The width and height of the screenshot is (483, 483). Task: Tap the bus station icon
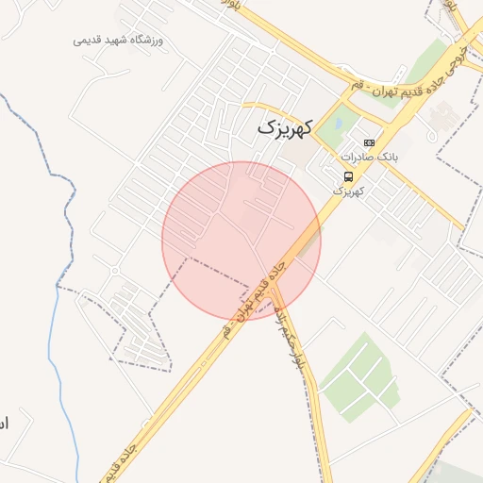(349, 176)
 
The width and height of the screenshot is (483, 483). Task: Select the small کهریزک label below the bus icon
(348, 191)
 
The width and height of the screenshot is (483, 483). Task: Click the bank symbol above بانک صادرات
(368, 142)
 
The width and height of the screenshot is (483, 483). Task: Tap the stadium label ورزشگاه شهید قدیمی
(119, 41)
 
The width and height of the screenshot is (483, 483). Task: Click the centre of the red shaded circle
(241, 241)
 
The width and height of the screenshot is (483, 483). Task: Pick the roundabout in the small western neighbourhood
(114, 272)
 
